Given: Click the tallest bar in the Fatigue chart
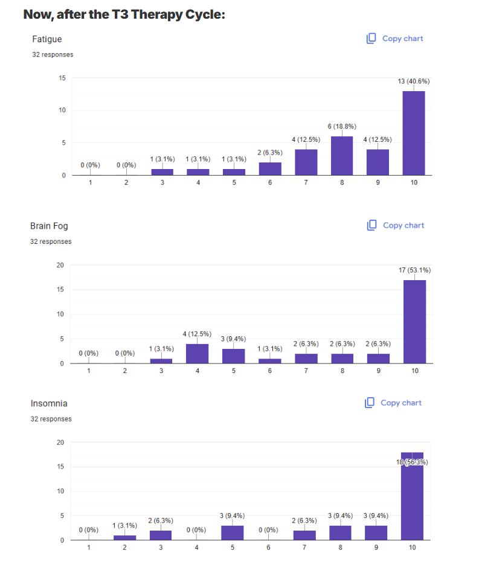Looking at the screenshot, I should (414, 133).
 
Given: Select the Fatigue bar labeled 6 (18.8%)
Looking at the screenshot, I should (342, 156).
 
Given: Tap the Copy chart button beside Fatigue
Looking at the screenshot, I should (395, 39).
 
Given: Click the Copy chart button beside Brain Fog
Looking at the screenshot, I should (396, 225).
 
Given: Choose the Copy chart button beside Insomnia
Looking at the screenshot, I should (394, 403).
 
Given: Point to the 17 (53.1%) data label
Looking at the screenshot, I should (414, 270).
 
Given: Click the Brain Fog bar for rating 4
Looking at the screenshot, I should (198, 353).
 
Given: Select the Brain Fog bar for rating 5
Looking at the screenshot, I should (233, 356).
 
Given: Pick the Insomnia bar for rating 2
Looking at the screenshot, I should (125, 537).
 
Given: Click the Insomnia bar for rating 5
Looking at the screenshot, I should (233, 532).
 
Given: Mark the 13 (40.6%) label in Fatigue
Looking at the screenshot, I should (414, 81).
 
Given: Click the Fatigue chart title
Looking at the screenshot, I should (47, 39).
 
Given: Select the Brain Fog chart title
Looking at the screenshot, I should (50, 226).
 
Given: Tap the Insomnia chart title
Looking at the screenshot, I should (49, 403).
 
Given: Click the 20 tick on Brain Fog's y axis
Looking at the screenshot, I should (60, 265).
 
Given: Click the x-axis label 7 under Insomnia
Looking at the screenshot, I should (305, 548).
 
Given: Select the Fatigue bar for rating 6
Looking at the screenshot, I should (270, 168).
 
